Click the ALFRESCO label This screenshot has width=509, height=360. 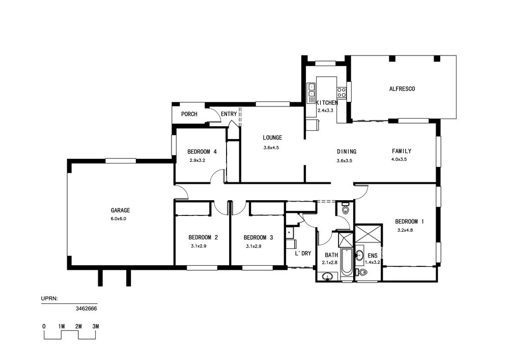click(x=402, y=89)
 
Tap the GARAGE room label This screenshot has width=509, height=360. click(x=120, y=210)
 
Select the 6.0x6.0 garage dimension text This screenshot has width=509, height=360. click(x=118, y=219)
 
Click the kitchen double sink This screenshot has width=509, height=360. click(x=312, y=90)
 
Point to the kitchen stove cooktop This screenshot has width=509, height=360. click(x=341, y=92)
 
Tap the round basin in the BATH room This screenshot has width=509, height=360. click(x=328, y=276)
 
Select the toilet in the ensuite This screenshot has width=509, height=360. click(x=360, y=272)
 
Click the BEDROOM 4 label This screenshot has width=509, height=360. click(x=202, y=152)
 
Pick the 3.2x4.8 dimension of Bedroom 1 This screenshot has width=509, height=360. click(x=405, y=230)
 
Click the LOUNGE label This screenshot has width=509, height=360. click(x=272, y=137)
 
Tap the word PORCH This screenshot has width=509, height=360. click(x=189, y=114)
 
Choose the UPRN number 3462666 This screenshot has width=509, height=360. click(x=87, y=309)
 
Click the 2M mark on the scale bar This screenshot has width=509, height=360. click(x=78, y=326)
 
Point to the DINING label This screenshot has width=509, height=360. click(x=346, y=151)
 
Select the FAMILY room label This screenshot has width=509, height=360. click(x=402, y=151)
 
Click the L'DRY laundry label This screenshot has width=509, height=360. click(x=303, y=253)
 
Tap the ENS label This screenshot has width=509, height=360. click(x=373, y=256)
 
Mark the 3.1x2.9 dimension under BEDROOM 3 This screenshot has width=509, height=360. click(x=253, y=246)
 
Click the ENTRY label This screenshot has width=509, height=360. click(x=229, y=114)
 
